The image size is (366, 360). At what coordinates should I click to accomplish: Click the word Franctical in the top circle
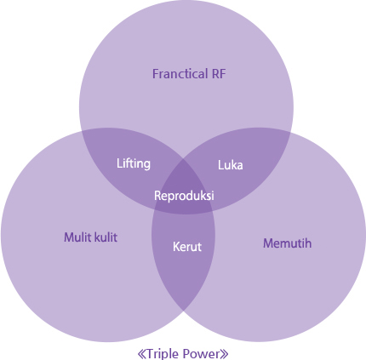[x=180, y=74]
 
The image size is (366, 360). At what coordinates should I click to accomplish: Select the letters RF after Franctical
[x=219, y=74]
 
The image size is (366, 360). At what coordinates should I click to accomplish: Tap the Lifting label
[x=134, y=163]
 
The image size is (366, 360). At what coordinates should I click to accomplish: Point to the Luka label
[x=230, y=165]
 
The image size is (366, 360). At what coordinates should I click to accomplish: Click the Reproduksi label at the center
[x=184, y=196]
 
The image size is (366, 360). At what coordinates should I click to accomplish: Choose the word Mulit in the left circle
[x=75, y=237]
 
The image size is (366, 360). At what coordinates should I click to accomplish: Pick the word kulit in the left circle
[x=106, y=237]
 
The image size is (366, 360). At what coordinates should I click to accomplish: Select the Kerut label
[x=187, y=247]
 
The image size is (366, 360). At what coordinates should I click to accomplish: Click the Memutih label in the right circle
[x=287, y=243]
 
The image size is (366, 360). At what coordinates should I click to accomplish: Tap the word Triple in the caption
[x=163, y=354]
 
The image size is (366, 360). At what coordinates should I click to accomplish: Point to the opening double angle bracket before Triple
[x=141, y=354]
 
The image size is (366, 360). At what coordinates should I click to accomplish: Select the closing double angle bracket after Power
[x=224, y=354]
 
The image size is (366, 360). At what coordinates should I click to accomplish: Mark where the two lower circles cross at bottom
[x=183, y=311]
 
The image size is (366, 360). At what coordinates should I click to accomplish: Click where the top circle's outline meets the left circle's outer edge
[x=82, y=131]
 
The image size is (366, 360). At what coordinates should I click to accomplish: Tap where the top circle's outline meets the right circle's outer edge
[x=290, y=132]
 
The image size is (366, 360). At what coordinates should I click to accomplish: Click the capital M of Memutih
[x=268, y=243]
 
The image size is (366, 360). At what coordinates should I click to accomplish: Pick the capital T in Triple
[x=150, y=353]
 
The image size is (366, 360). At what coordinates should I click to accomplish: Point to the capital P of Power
[x=186, y=353]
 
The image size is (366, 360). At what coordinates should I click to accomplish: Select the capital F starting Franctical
[x=156, y=74]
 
